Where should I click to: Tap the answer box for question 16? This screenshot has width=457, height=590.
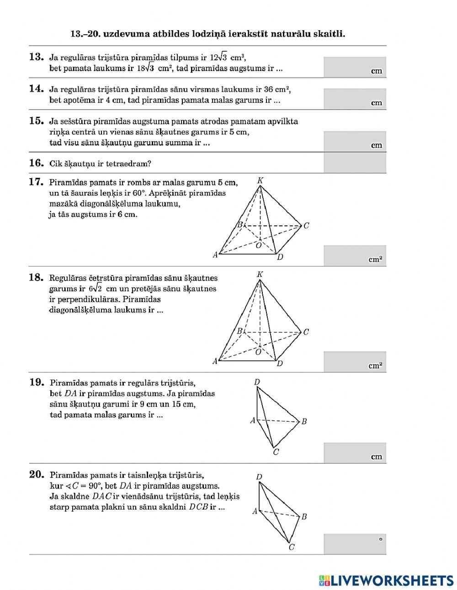(355, 163)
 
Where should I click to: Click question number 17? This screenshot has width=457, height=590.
(36, 182)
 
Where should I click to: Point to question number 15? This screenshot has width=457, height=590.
(36, 121)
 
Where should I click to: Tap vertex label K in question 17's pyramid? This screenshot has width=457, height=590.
(260, 181)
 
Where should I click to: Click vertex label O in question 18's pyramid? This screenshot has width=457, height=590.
(258, 352)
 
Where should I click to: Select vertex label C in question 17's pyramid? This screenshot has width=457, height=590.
(306, 225)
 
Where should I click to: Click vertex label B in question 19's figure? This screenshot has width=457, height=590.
(304, 421)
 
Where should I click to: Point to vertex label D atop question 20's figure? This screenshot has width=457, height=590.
(259, 477)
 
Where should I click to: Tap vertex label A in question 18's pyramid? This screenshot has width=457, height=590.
(215, 361)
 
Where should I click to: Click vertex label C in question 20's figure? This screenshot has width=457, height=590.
(292, 547)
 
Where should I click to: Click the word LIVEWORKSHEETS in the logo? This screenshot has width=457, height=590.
(392, 580)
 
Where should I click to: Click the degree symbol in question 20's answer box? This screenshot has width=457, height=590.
(380, 539)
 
